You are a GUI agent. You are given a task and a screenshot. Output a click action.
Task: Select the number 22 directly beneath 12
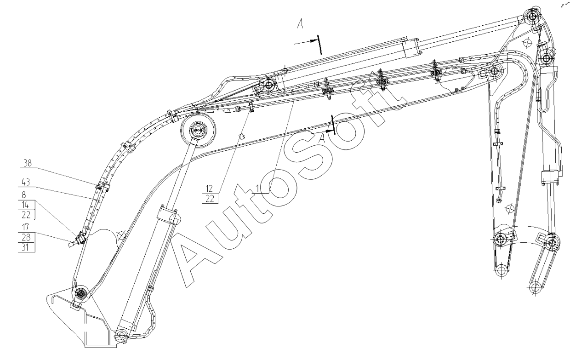pyautogui.click(x=211, y=198)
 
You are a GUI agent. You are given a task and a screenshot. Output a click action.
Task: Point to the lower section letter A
pyautogui.click(x=323, y=137)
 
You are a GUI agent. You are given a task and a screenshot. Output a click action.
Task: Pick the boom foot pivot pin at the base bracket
pyautogui.click(x=81, y=293)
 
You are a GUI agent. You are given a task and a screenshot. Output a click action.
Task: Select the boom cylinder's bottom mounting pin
pyautogui.click(x=121, y=335)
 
